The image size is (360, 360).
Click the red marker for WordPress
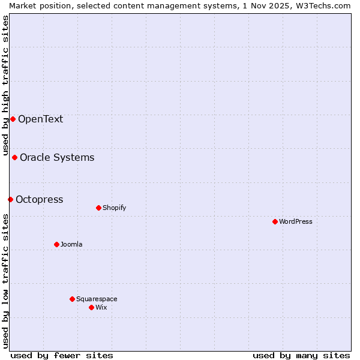coord(275,221)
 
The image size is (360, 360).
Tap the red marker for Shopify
coord(98,208)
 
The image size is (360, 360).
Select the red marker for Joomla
coord(56,244)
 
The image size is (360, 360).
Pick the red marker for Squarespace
coord(72,299)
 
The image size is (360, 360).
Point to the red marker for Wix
coord(91,307)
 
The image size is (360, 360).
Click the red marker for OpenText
coord(13,119)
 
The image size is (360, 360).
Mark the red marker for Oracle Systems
coord(14,157)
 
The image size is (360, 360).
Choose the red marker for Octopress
coord(10,199)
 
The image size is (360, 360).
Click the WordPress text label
coord(296,221)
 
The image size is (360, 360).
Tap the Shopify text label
coord(114,208)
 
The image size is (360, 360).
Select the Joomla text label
coord(71,244)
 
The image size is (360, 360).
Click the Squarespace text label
coord(97,299)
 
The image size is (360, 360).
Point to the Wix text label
coord(101,307)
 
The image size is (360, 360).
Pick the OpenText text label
coord(40,119)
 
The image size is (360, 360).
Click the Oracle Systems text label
coord(57,157)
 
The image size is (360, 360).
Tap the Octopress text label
coord(39,199)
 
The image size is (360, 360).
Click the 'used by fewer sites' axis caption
coord(62,355)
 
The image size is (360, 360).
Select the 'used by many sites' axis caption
coord(301,355)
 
